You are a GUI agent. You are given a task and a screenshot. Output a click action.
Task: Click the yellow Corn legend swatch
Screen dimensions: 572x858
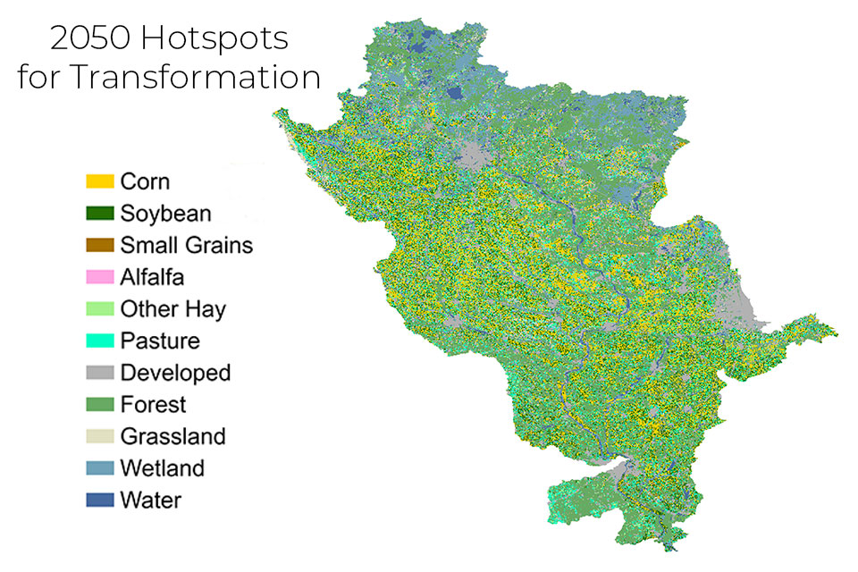(100, 181)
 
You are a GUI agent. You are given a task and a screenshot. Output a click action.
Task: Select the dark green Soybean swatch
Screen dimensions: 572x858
(100, 214)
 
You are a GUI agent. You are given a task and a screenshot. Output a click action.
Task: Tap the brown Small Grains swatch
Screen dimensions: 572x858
(100, 245)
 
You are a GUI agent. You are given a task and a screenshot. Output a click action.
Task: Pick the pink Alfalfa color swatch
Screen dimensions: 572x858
(100, 277)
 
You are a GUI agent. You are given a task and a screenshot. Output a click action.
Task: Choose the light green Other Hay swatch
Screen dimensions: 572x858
(100, 309)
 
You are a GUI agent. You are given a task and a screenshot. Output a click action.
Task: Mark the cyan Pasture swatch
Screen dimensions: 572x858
(100, 341)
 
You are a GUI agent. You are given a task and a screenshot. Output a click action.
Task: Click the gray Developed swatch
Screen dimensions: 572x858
(100, 373)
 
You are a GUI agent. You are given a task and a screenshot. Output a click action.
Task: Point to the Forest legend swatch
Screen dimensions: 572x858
(100, 405)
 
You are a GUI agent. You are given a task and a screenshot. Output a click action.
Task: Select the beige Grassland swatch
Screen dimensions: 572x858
(100, 436)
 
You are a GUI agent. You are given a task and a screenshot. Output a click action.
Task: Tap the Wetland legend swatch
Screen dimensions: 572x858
(100, 468)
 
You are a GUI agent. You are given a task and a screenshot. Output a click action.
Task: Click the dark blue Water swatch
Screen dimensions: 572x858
(100, 500)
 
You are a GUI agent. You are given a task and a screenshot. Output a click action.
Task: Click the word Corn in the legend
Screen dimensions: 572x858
(145, 181)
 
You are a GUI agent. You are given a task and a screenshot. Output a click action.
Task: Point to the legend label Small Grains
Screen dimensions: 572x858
(187, 245)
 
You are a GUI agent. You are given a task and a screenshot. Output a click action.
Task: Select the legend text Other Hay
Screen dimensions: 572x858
(173, 309)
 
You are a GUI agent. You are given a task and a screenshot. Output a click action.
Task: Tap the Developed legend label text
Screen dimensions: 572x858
(175, 373)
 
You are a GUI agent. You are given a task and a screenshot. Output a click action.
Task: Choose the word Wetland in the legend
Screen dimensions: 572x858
(163, 468)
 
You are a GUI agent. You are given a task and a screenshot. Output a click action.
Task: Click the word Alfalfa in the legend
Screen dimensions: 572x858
(153, 277)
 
